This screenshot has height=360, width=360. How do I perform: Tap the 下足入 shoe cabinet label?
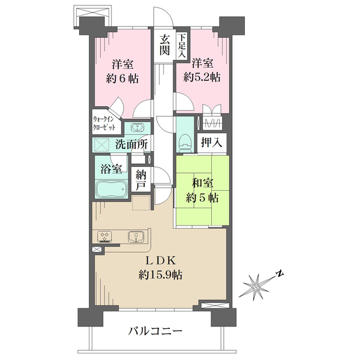(x=182, y=46)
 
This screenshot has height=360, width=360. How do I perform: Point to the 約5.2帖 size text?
(x=202, y=78)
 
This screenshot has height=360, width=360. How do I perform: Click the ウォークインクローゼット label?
(x=104, y=123)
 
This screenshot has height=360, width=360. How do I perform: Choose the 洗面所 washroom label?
(x=131, y=145)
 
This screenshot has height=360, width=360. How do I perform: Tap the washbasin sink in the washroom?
(x=137, y=127)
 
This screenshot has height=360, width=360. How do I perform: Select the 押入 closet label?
(x=211, y=142)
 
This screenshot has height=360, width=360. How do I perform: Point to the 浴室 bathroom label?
(x=111, y=169)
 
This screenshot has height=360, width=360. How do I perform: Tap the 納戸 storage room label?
(x=141, y=180)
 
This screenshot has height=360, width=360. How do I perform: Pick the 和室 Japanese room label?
(x=202, y=184)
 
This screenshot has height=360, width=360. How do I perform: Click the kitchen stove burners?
(x=104, y=236)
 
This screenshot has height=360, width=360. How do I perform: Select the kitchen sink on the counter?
(x=136, y=236)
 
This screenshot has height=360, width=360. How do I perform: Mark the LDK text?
(x=161, y=261)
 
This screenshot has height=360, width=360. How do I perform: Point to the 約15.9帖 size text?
(x=160, y=275)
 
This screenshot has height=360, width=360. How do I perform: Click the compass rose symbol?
(x=256, y=286)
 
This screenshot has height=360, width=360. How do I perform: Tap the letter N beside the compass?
(x=280, y=274)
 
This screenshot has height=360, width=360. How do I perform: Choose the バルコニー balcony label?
(x=155, y=331)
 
